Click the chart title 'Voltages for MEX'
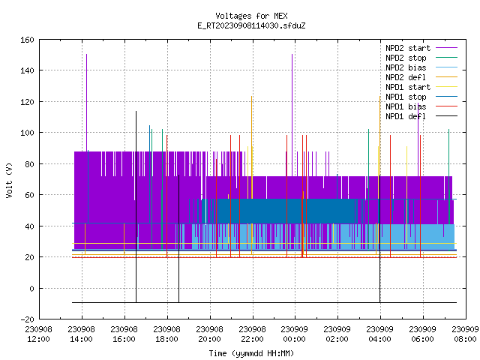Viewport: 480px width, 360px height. [x=251, y=16]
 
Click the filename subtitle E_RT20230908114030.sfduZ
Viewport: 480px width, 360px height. [x=251, y=25]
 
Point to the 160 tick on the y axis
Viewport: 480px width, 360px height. [x=27, y=40]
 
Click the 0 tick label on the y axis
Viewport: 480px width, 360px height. [x=31, y=288]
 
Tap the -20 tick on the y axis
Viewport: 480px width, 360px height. [x=27, y=319]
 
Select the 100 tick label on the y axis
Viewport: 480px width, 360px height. [x=27, y=133]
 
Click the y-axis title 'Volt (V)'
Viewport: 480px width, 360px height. [x=9, y=180]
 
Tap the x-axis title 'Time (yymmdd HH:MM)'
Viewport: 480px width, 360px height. [x=251, y=353]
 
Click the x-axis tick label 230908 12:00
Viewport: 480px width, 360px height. [x=39, y=334]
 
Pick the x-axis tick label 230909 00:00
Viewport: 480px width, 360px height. [x=295, y=334]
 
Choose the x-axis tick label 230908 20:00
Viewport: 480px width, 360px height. [x=210, y=334]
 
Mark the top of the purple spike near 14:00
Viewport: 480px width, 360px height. [x=87, y=55]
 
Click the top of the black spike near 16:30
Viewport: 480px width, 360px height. [x=136, y=112]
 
